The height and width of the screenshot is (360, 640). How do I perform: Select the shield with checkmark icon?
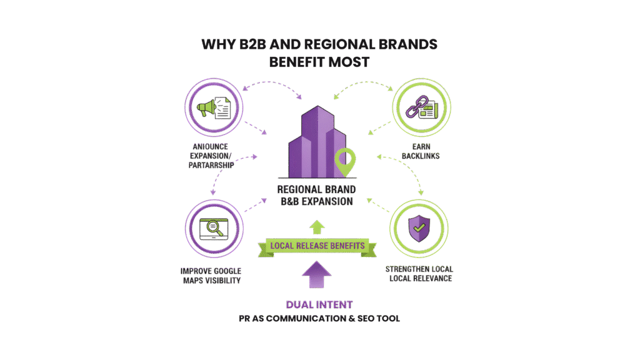click(x=417, y=228)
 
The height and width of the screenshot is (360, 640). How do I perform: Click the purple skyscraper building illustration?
click(x=316, y=144)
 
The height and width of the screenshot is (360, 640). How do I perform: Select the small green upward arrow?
click(x=316, y=226)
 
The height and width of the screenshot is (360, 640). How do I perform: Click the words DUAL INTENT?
click(x=319, y=305)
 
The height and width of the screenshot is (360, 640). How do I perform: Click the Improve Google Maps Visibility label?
click(x=211, y=275)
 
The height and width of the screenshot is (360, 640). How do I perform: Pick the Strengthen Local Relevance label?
click(x=419, y=274)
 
